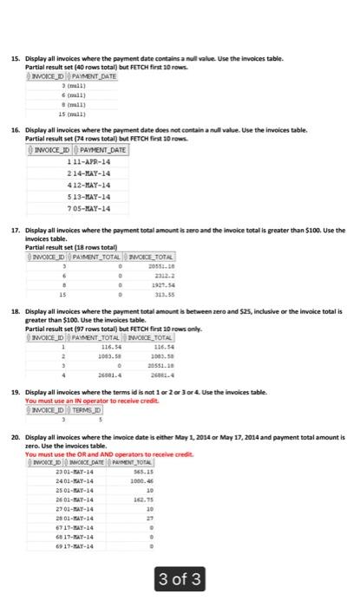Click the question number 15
click(13, 56)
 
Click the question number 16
click(13, 127)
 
